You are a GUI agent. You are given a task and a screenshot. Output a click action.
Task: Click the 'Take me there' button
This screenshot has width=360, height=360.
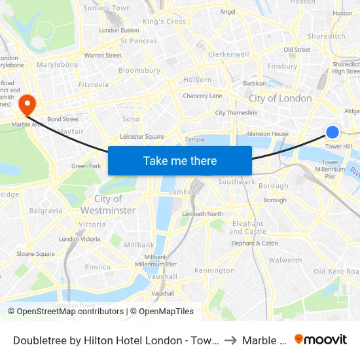click(x=180, y=160)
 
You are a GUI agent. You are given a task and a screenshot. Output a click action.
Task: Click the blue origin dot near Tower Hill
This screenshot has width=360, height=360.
click(x=333, y=132)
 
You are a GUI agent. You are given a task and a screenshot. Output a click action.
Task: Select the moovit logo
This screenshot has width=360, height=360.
click(x=320, y=340)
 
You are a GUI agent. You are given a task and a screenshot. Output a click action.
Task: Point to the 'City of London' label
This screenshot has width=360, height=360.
click(x=280, y=98)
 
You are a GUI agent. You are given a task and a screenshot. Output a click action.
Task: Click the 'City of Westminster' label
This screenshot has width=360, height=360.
click(x=108, y=204)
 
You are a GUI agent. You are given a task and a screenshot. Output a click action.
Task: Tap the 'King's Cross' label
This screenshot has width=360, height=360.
click(x=164, y=22)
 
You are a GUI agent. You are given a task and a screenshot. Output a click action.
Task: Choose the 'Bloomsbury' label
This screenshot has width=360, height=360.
click(x=139, y=70)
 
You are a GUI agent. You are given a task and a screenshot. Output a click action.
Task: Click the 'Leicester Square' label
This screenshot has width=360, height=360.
click(x=142, y=137)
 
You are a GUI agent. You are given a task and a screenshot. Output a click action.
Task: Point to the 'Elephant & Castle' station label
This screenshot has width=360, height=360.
click(x=255, y=243)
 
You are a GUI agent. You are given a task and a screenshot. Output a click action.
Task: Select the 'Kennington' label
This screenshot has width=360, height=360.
click(x=214, y=270)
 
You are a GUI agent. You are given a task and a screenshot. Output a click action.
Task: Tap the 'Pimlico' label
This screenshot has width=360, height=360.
click(x=98, y=267)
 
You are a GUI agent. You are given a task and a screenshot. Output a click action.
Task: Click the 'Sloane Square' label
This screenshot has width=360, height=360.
click(x=36, y=254)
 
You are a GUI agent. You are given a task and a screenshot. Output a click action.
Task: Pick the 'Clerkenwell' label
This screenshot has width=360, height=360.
click(x=228, y=54)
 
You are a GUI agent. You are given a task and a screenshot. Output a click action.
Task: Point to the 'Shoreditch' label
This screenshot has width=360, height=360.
click(x=326, y=37)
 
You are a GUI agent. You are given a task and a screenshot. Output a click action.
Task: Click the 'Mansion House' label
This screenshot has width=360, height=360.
click(x=268, y=134)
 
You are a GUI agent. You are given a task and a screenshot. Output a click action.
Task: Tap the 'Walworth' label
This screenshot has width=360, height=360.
click(x=285, y=260)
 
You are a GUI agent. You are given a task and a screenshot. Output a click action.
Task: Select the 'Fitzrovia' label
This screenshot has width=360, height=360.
click(x=94, y=84)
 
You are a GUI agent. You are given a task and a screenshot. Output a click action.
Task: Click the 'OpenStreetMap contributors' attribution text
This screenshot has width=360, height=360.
click(x=65, y=312)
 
